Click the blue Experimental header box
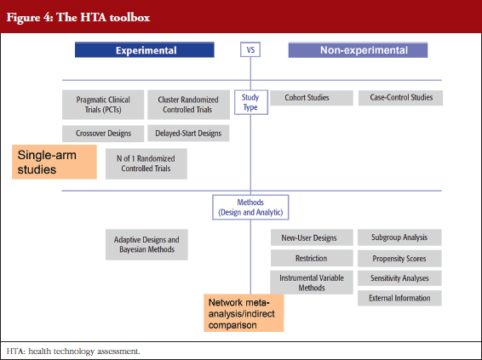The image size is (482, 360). click(145, 49)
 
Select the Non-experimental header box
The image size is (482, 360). click(358, 49)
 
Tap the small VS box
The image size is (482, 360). click(250, 49)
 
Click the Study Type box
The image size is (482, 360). click(251, 102)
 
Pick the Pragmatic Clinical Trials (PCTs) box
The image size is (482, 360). click(103, 105)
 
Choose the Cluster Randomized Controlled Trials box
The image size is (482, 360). click(188, 105)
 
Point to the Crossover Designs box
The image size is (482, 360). click(103, 134)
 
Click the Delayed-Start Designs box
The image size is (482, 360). click(188, 133)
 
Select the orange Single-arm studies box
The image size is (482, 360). click(55, 162)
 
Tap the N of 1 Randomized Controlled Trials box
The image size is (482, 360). click(146, 163)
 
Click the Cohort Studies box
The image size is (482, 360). click(312, 98)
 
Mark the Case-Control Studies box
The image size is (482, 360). click(400, 98)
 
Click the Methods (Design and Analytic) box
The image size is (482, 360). click(250, 208)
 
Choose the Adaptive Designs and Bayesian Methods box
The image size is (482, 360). click(146, 244)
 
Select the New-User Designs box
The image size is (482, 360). click(312, 237)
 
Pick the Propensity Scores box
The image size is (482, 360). click(399, 259)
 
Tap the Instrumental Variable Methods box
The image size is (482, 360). click(312, 283)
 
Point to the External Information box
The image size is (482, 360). click(399, 298)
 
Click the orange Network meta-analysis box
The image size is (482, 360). click(244, 313)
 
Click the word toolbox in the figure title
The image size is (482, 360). click(129, 17)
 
